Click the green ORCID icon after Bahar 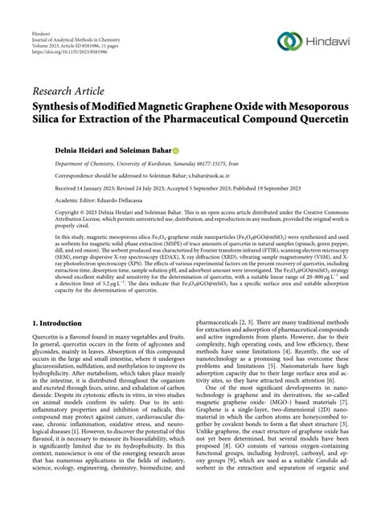(175, 150)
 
